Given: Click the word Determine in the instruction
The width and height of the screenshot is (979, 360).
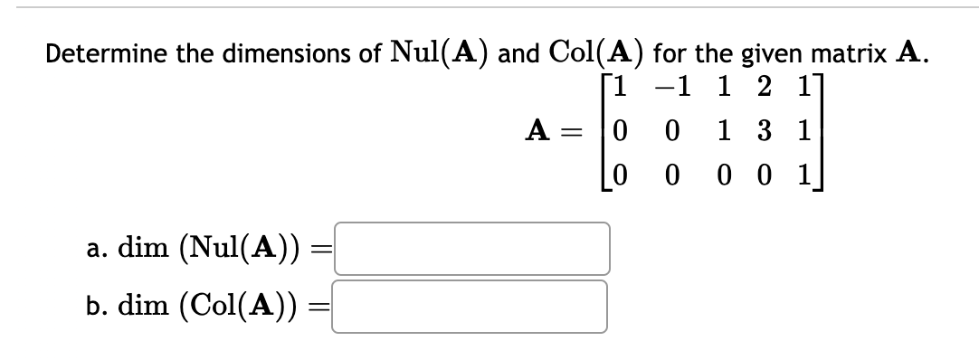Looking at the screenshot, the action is (98, 54).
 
